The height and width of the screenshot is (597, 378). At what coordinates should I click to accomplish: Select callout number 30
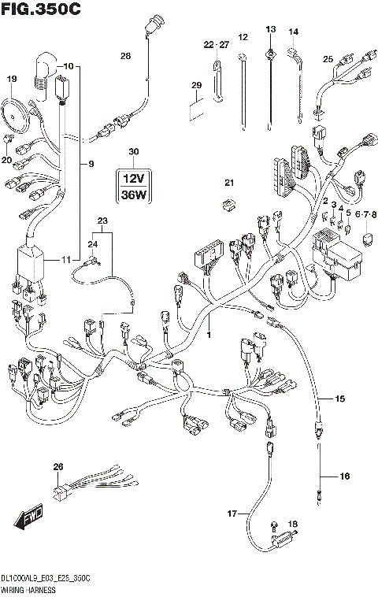[133, 151]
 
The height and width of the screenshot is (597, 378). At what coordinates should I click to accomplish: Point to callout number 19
[12, 80]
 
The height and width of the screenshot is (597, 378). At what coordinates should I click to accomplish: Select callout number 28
[125, 56]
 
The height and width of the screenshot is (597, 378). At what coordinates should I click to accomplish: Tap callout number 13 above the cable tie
[270, 29]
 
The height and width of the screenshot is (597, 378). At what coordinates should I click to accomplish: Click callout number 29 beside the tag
[197, 85]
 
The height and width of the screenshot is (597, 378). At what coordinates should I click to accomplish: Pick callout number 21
[229, 183]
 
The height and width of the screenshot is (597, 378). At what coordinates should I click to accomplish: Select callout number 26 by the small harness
[57, 468]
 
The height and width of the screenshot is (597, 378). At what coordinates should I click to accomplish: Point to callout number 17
[232, 514]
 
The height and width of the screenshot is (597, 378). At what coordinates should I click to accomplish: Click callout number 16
[343, 476]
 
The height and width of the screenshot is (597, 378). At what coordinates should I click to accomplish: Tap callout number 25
[328, 58]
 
